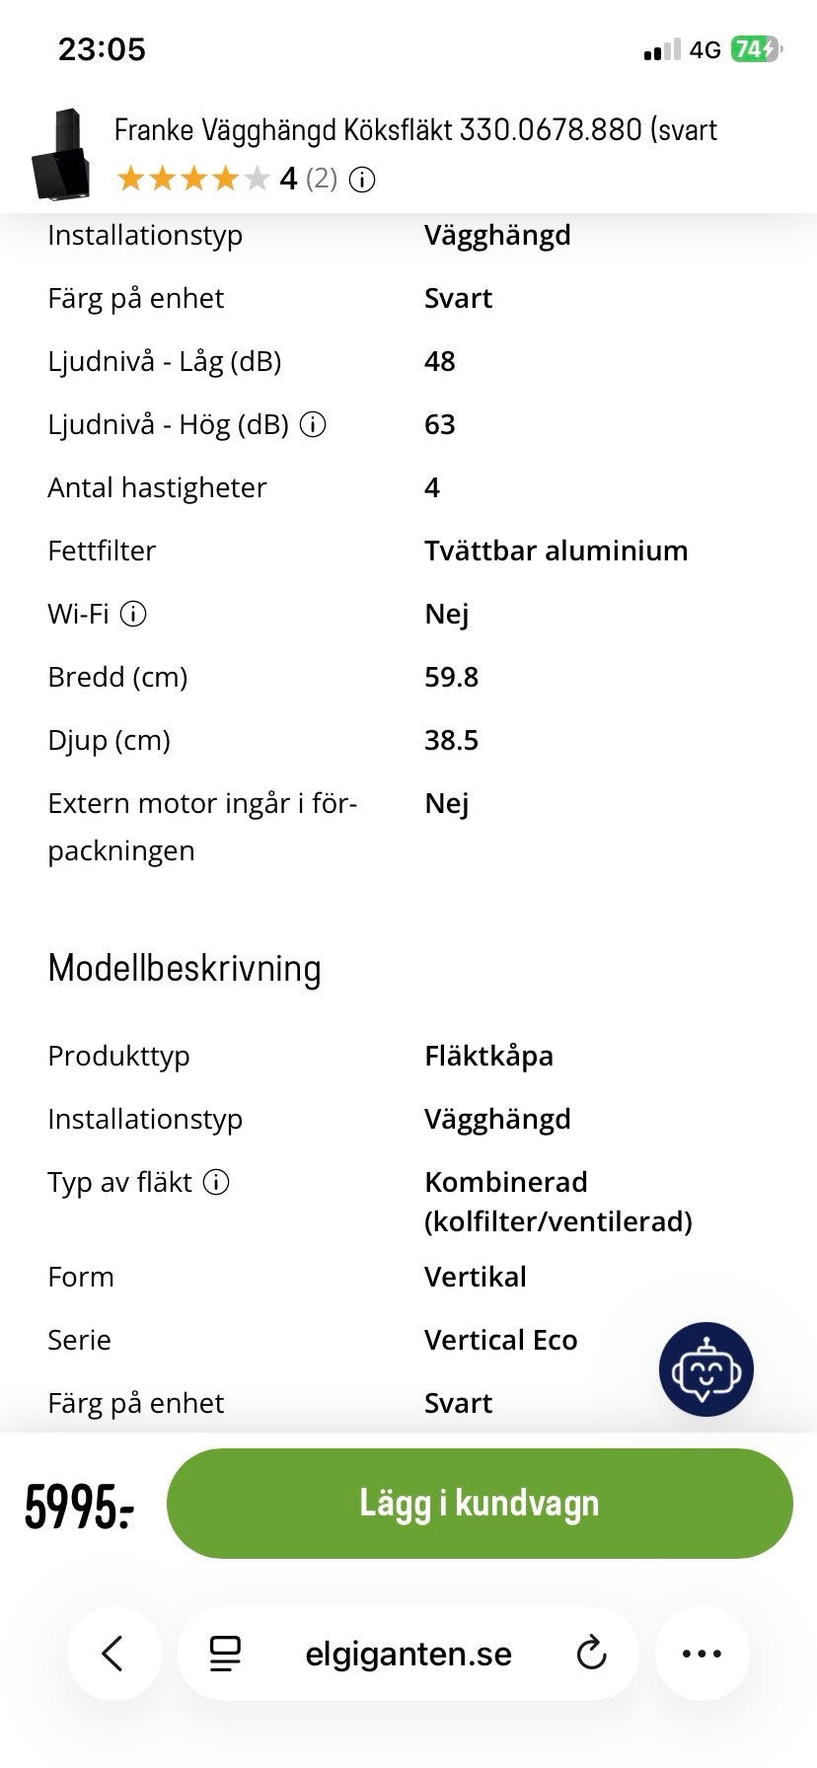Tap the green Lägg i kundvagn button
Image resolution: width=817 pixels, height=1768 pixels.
pos(480,1503)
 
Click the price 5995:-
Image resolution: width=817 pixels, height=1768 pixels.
pos(79,1507)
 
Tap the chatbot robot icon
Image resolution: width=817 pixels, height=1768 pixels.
pos(706,1369)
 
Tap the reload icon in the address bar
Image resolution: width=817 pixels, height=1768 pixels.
pos(591,1654)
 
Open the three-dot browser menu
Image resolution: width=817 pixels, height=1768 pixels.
pos(702,1654)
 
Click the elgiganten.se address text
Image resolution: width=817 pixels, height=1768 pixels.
pos(408,1654)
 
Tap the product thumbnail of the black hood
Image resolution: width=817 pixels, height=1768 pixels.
pos(61,156)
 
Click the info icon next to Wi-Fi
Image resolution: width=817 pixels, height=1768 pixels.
pos(133,614)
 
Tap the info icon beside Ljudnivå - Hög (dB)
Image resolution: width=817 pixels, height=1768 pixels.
pos(313,424)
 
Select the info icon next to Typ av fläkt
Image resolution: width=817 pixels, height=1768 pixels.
pos(216,1182)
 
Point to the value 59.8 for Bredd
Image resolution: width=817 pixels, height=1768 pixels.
pos(451,677)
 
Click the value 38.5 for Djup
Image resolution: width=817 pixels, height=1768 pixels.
pos(451,740)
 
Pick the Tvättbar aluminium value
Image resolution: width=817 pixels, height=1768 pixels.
pos(556,551)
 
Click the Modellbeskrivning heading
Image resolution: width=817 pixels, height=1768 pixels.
pos(185,969)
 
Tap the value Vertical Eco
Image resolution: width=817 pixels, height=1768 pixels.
pos(500,1340)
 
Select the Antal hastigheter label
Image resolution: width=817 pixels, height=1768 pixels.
pos(157,487)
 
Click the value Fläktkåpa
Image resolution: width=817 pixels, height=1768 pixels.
pos(488,1056)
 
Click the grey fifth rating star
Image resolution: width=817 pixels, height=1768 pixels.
pos(257,179)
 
